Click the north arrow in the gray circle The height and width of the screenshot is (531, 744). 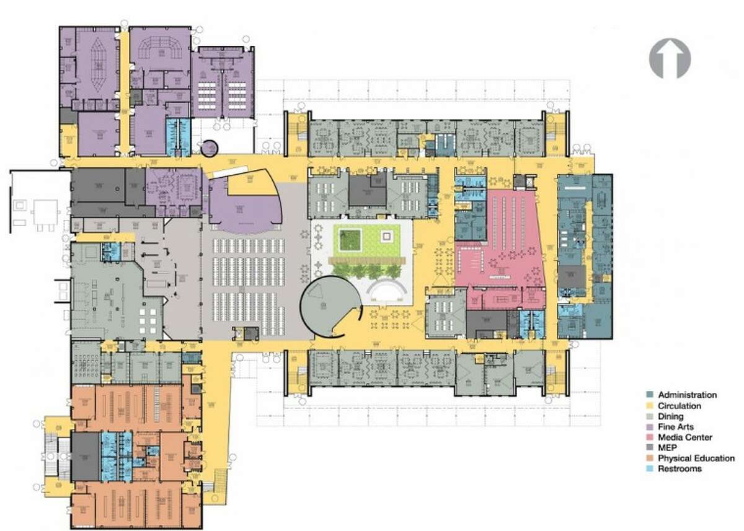(670, 58)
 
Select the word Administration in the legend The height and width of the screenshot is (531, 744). (687, 395)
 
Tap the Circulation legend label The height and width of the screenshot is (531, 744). (680, 406)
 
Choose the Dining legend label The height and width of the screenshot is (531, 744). (671, 416)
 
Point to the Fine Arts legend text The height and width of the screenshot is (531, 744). (676, 427)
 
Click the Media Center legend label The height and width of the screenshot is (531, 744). (685, 437)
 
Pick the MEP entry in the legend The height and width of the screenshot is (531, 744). (667, 448)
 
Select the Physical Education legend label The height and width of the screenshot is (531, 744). (696, 459)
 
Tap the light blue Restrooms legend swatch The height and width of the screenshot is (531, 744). (652, 469)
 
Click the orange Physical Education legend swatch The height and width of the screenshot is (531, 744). (652, 459)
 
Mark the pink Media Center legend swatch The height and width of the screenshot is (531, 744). (652, 437)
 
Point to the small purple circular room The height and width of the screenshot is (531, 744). (210, 148)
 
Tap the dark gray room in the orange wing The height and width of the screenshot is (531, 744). (85, 456)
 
